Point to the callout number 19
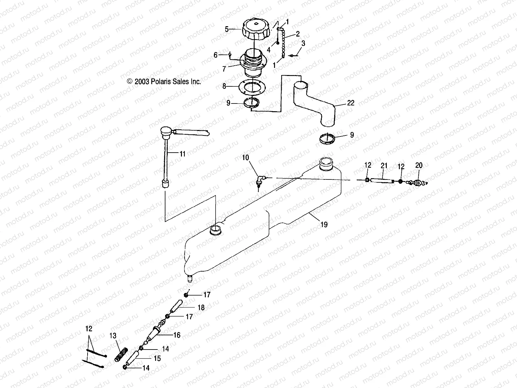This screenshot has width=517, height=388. point(324,224)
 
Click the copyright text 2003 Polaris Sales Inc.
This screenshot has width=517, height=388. point(164,82)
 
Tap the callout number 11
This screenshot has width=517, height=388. point(183,154)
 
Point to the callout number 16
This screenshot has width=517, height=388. point(177,335)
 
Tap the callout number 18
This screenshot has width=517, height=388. point(201,307)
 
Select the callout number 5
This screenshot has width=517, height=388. point(227,29)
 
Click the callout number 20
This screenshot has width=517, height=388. point(418,166)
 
